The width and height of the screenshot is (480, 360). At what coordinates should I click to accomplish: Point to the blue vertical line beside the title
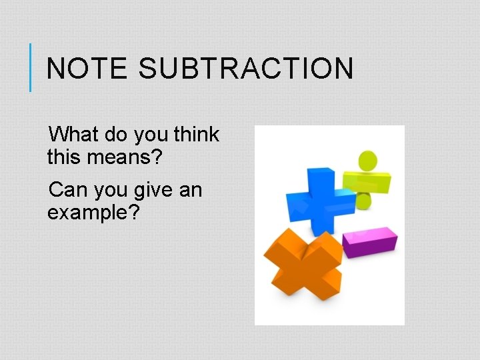point(31,67)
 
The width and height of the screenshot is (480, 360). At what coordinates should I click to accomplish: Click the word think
point(196,135)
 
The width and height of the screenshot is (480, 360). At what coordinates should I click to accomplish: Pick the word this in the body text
point(62,158)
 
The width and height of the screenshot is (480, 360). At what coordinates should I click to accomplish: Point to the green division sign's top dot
point(367,160)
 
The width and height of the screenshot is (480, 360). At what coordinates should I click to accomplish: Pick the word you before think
point(151,135)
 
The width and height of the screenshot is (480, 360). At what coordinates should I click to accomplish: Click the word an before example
point(191,191)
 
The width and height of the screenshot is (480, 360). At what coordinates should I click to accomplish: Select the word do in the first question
point(116,135)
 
